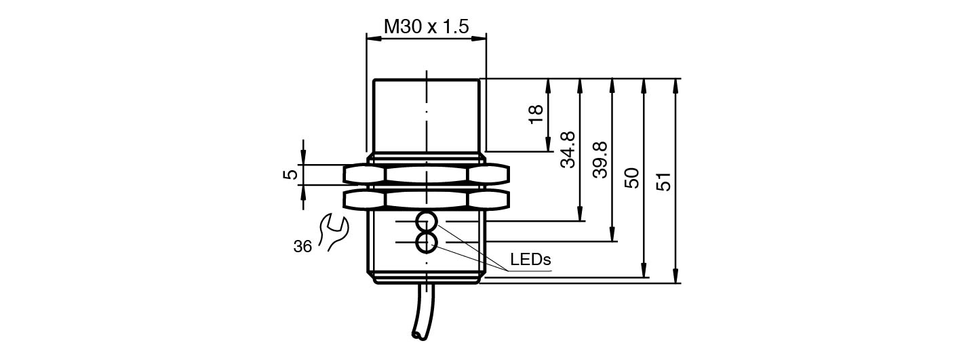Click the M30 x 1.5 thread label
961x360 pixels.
426,27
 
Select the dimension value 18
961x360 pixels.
536,114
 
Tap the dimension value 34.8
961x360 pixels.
568,150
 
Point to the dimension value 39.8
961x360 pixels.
600,160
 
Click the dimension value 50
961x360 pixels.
632,178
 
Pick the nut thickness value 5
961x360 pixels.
290,174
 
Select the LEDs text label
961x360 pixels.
530,260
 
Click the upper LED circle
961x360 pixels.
427,221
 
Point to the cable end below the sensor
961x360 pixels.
416,334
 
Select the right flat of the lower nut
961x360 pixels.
488,199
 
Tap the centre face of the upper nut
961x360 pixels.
426,175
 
